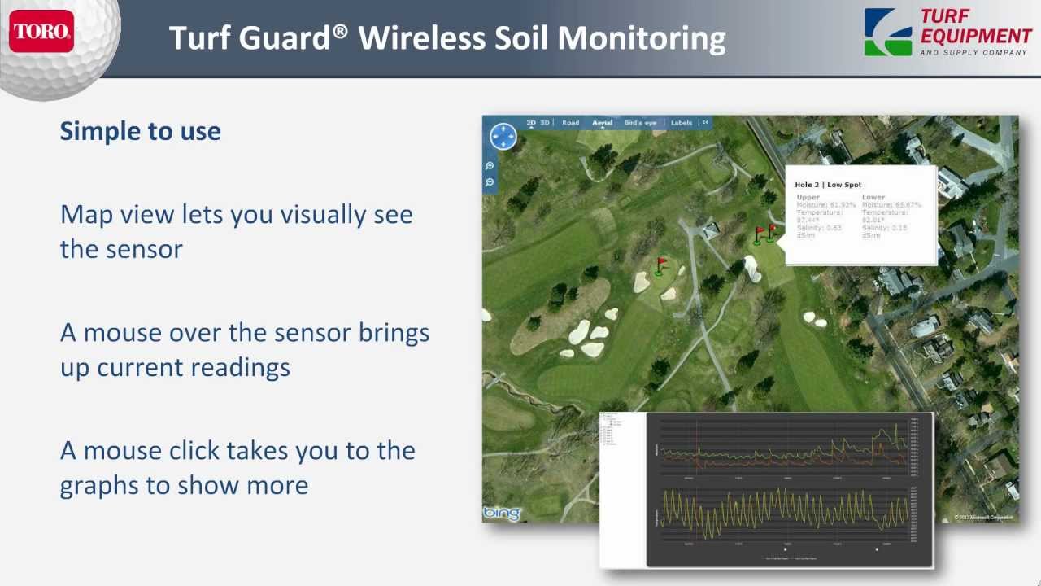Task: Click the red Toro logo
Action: click(x=42, y=33)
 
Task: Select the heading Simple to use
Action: click(x=140, y=131)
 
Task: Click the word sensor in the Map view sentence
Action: click(x=121, y=249)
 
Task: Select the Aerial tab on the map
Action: click(x=602, y=123)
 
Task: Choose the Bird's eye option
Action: click(x=640, y=123)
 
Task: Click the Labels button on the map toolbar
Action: click(x=682, y=123)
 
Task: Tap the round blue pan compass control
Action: click(x=503, y=137)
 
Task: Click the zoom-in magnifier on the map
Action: click(x=490, y=166)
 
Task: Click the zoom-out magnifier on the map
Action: click(x=490, y=182)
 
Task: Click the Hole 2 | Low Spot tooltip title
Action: click(x=828, y=185)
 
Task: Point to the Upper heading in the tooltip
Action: click(x=808, y=197)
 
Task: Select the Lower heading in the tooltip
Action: click(x=873, y=197)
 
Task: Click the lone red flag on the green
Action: click(x=660, y=265)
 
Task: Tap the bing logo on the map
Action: click(x=502, y=514)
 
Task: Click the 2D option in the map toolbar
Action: click(x=531, y=123)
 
